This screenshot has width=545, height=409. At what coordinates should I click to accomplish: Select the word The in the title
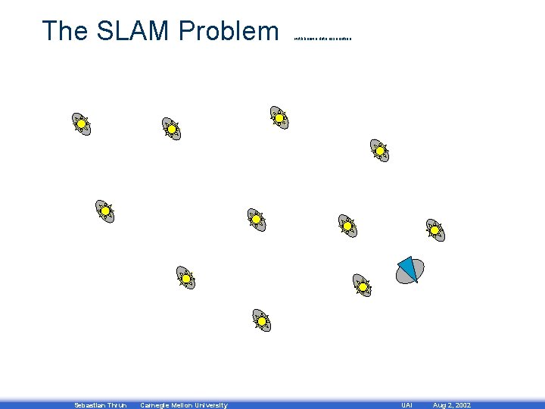(x=64, y=31)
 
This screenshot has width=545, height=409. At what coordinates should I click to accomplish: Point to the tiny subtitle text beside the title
(x=322, y=38)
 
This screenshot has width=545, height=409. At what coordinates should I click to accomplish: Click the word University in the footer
(x=212, y=405)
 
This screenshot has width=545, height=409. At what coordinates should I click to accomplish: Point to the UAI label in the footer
(x=406, y=405)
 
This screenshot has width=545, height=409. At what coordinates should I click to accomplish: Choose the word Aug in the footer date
(x=439, y=405)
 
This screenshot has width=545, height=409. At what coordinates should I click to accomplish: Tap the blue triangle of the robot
(x=407, y=267)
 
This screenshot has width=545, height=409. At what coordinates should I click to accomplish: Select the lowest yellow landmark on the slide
(x=262, y=321)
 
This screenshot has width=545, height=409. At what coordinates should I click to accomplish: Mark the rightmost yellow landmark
(x=435, y=230)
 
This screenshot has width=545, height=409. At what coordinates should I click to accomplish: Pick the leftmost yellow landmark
(x=81, y=123)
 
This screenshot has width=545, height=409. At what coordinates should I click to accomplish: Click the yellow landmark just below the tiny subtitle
(x=280, y=117)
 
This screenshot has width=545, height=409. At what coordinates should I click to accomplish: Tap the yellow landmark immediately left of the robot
(x=363, y=286)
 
